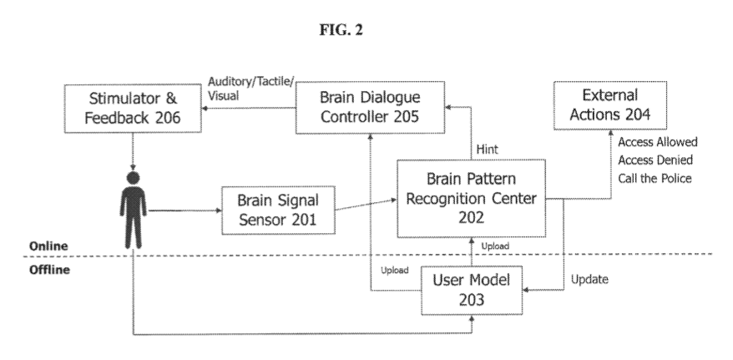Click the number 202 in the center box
pyautogui.click(x=471, y=219)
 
